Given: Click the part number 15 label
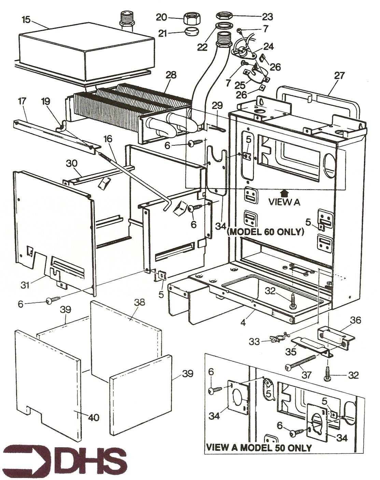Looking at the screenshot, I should coord(26,20).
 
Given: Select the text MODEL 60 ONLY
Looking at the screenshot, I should coord(266,232).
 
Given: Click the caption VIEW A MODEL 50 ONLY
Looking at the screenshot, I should coord(259,448).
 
